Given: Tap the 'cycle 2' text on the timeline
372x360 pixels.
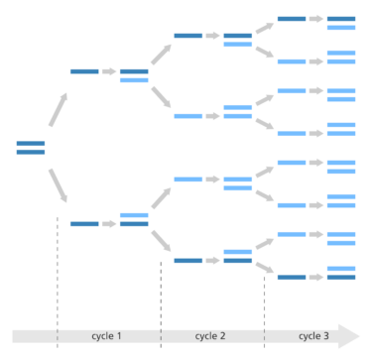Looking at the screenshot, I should (x=211, y=336).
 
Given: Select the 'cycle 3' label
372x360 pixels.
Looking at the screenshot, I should (x=312, y=336).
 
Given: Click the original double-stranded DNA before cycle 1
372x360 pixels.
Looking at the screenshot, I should (x=31, y=148).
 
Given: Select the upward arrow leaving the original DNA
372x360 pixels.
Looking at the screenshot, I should (x=58, y=108).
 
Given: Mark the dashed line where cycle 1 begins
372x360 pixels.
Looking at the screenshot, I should (x=58, y=268).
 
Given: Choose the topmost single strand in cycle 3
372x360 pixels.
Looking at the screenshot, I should (x=292, y=18).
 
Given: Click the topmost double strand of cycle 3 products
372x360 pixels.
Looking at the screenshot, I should (x=341, y=22).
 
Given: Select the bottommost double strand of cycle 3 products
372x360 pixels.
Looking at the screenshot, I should (x=341, y=273).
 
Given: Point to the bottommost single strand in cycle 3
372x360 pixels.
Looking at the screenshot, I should (x=292, y=277).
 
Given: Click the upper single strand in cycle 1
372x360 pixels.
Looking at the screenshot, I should (x=84, y=71).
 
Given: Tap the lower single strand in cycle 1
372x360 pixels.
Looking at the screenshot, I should (x=84, y=224).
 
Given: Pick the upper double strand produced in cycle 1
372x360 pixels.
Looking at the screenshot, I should (x=134, y=75).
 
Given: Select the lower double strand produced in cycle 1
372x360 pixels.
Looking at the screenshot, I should (x=134, y=219).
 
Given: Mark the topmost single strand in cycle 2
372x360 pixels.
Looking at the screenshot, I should (x=188, y=36).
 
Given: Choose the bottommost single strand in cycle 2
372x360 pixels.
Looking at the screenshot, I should (x=188, y=260).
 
